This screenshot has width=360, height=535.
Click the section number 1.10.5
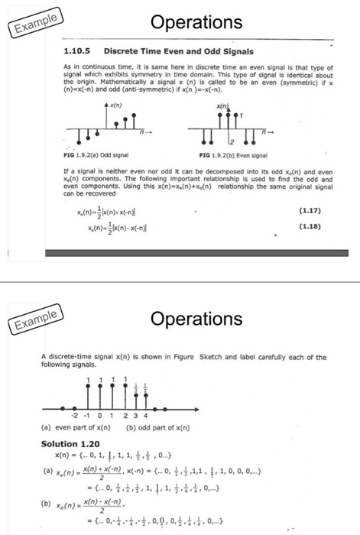tap(76, 51)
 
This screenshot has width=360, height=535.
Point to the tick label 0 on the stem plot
tap(99, 417)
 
